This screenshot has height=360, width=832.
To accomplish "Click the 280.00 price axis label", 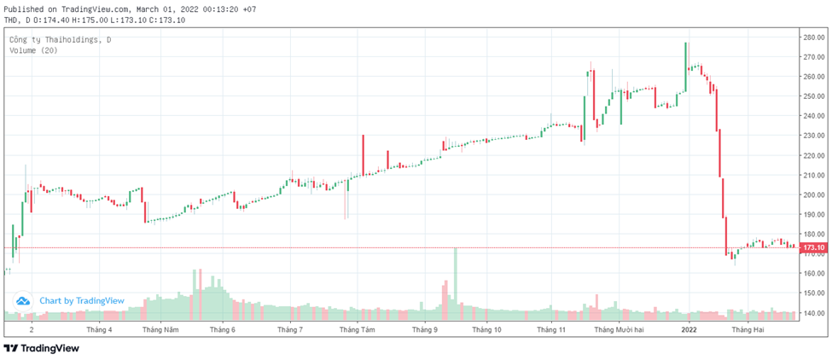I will click(x=813, y=38).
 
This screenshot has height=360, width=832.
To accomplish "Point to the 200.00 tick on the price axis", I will click(x=813, y=195).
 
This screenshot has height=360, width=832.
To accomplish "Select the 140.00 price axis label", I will click(x=813, y=313).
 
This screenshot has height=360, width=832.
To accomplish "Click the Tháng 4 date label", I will click(x=99, y=329).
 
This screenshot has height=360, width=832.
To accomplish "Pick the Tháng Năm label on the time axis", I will click(x=160, y=329).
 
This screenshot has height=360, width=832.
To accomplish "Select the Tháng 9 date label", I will click(x=424, y=329).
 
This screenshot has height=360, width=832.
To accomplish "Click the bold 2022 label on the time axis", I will click(x=689, y=329).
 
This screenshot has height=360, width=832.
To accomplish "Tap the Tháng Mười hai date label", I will click(x=620, y=329).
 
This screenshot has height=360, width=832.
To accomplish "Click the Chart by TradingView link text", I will click(x=82, y=300).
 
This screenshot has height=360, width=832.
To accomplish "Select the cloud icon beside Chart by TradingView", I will click(x=24, y=300).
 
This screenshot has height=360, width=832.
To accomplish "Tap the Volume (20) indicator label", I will click(x=33, y=51).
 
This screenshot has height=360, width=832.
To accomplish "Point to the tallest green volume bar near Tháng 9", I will click(x=456, y=282).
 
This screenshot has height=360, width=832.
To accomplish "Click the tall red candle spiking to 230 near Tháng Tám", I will click(x=363, y=154).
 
